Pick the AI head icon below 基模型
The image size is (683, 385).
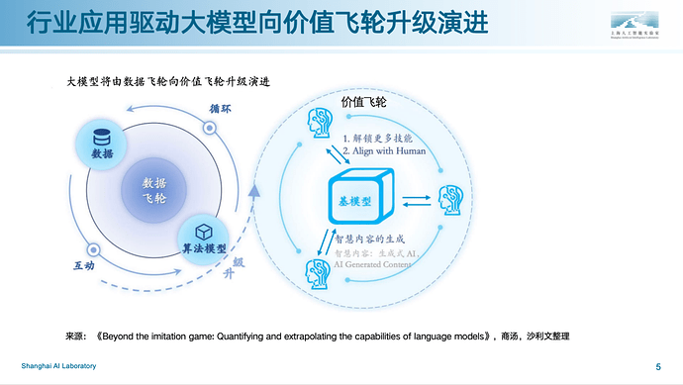point(318,270)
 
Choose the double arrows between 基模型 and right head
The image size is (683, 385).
point(417,197)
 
